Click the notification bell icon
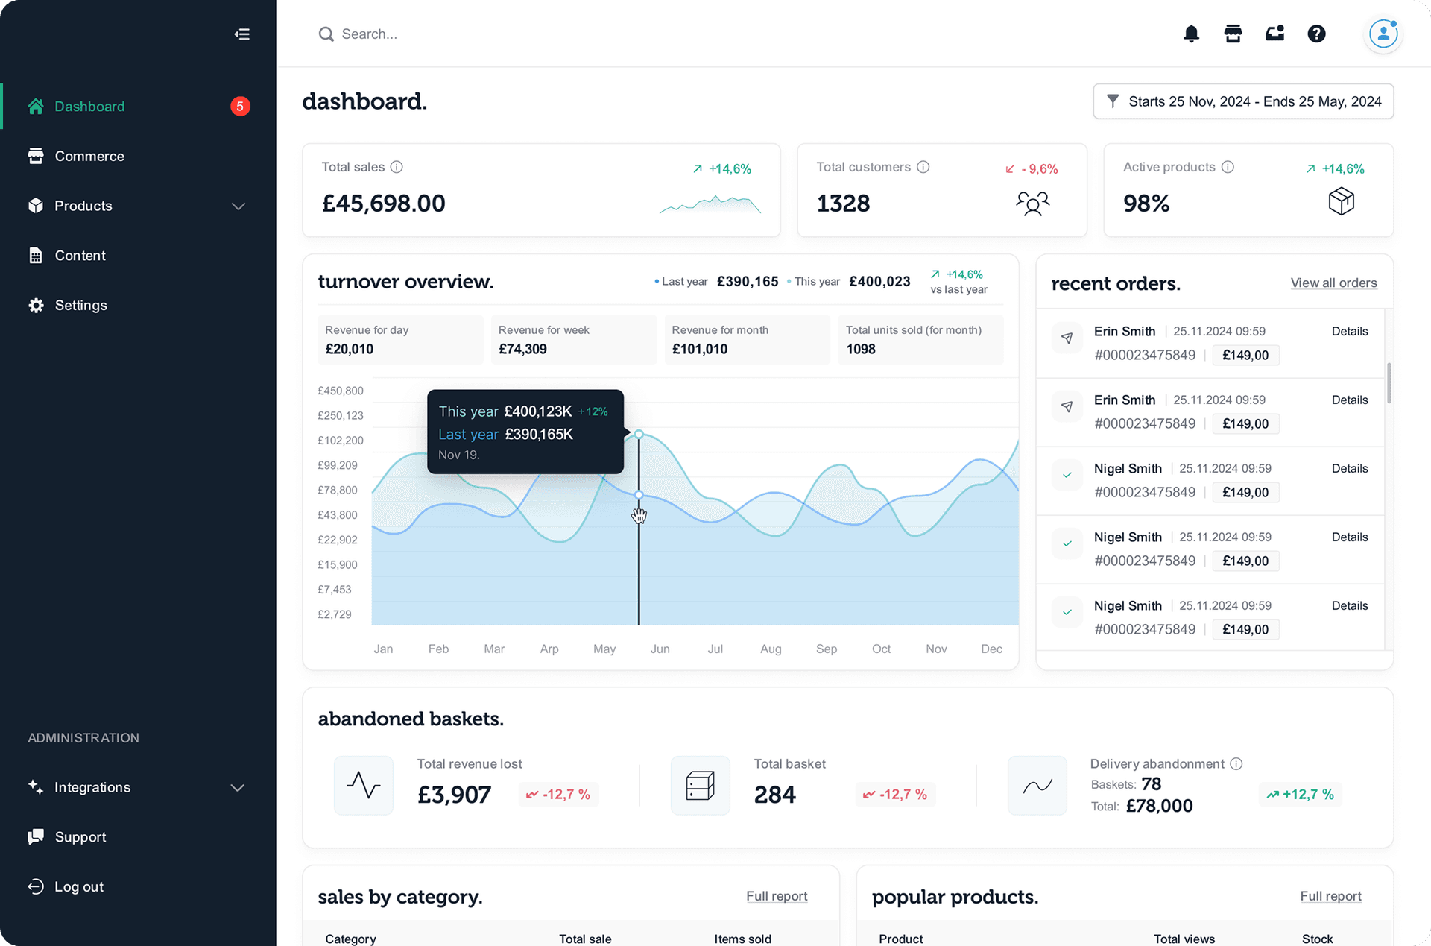point(1191,34)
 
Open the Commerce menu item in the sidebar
point(89,156)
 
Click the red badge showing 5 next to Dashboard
point(240,107)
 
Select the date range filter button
point(1243,101)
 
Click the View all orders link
point(1333,283)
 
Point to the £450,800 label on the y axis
point(341,391)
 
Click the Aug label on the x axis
point(771,649)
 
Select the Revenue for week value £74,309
point(522,349)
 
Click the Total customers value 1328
point(843,204)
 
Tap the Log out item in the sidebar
point(78,887)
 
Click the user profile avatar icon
point(1383,34)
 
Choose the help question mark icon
point(1316,34)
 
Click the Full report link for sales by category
point(777,896)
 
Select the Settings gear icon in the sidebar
point(36,306)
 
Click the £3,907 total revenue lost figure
point(454,795)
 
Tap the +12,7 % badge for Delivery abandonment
point(1301,795)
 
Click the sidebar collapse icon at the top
point(241,34)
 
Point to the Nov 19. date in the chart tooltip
point(458,455)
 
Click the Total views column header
point(1184,939)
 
